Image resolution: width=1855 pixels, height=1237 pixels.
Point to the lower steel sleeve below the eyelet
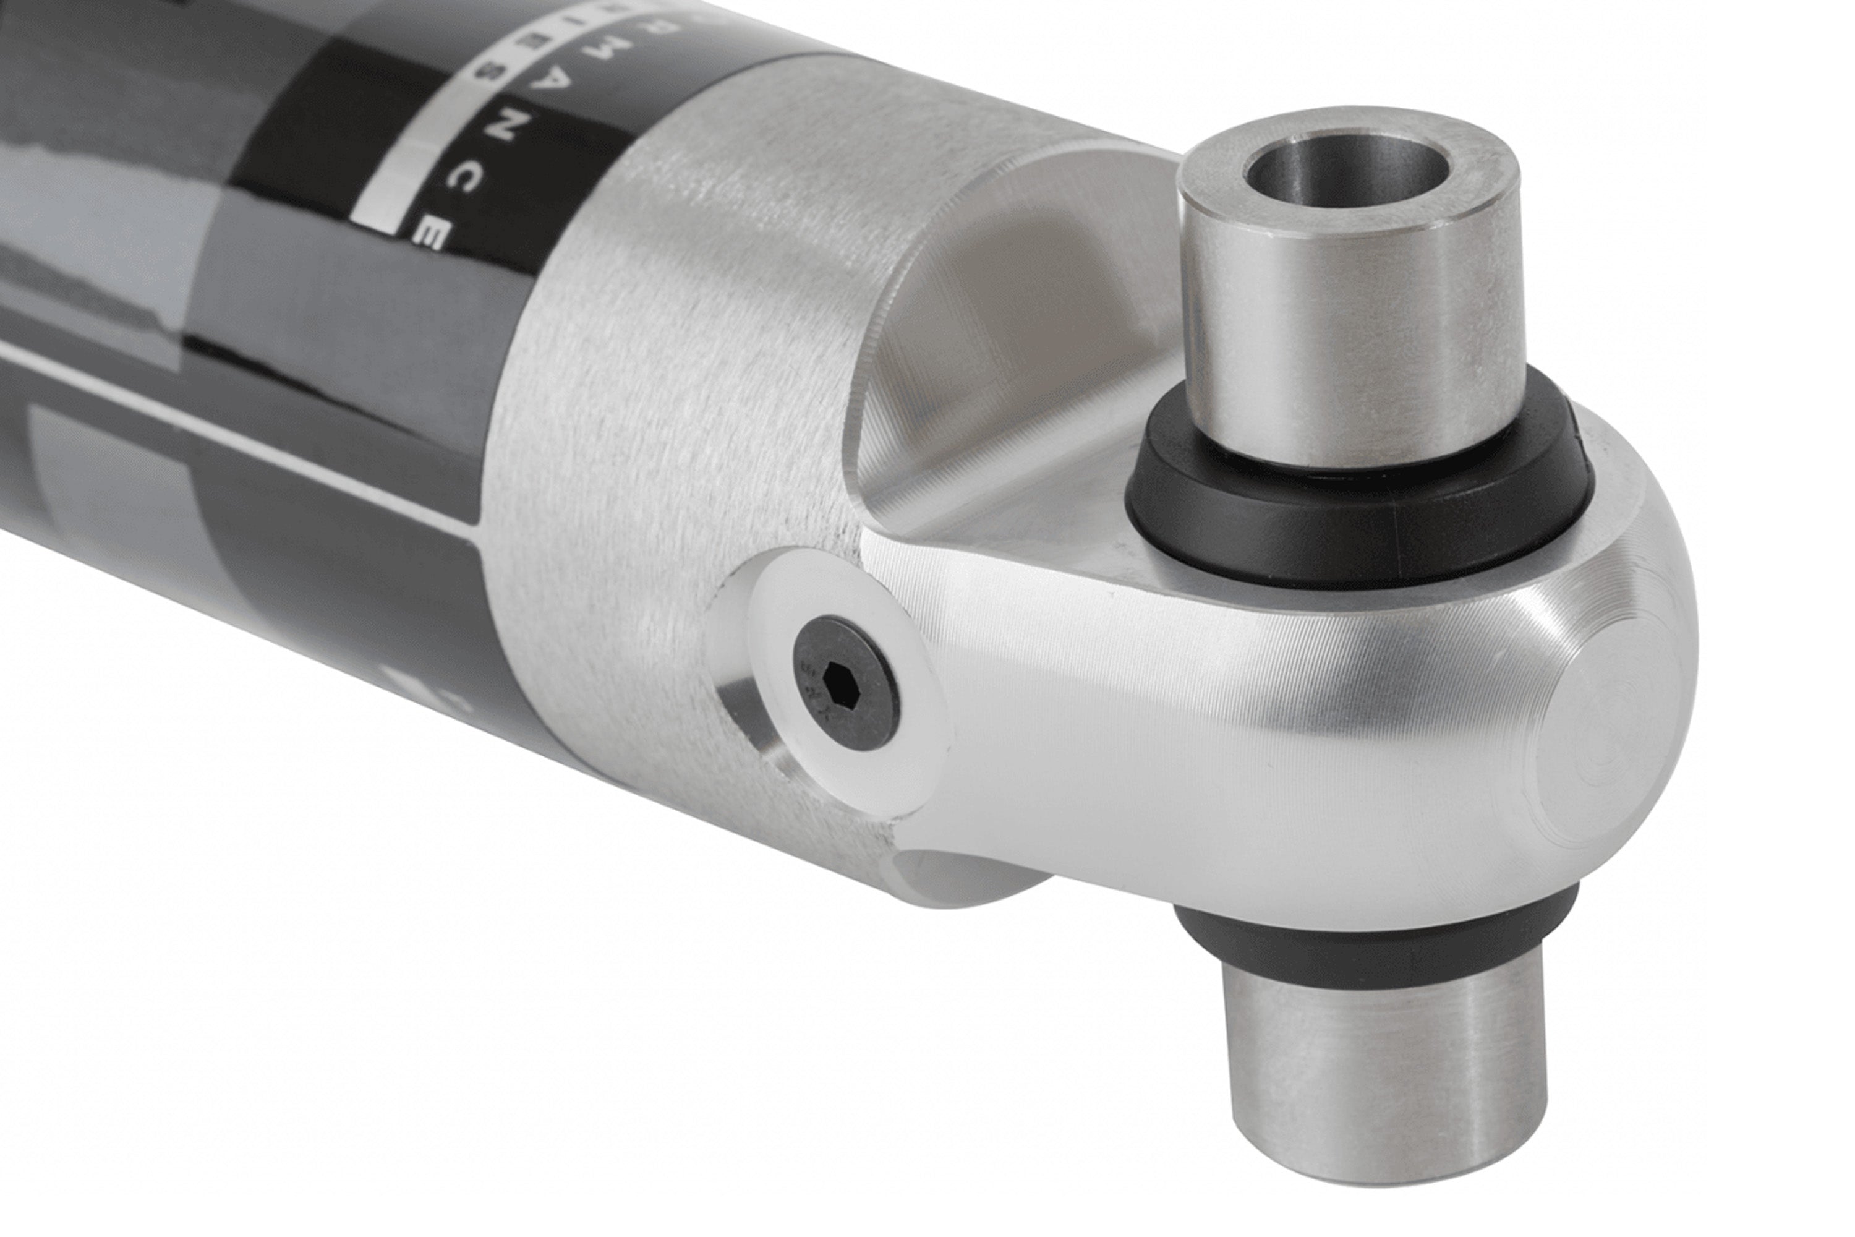coord(1380,1081)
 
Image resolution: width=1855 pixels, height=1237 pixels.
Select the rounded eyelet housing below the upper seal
coord(1262,710)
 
